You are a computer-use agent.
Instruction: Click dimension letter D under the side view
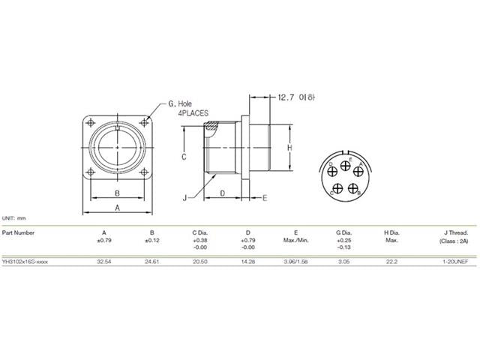223,193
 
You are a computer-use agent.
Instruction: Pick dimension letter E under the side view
265,198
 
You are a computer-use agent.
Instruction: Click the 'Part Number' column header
18,233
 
